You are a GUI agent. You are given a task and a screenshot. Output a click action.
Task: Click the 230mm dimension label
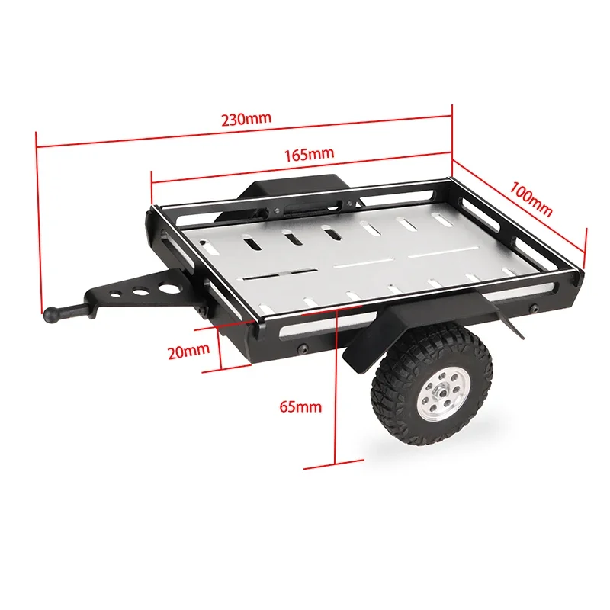point(246,120)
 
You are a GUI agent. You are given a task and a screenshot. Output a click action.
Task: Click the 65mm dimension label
point(300,406)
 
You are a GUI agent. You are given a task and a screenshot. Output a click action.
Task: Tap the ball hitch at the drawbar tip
point(53,312)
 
